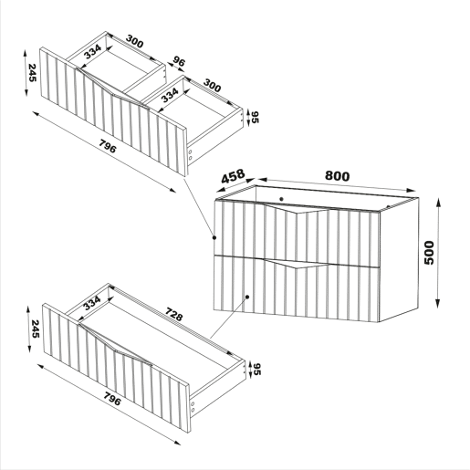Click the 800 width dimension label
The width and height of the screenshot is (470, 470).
pyautogui.click(x=338, y=176)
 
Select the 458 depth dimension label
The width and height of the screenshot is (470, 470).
pyautogui.click(x=233, y=176)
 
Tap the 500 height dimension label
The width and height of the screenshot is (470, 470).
pyautogui.click(x=429, y=253)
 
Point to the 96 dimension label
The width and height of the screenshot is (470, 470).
pyautogui.click(x=179, y=61)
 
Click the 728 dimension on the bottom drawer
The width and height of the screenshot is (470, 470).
pyautogui.click(x=174, y=314)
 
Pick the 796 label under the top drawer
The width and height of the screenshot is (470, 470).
pyautogui.click(x=108, y=146)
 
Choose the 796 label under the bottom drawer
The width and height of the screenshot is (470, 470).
pyautogui.click(x=112, y=399)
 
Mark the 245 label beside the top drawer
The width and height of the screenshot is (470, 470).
pyautogui.click(x=32, y=73)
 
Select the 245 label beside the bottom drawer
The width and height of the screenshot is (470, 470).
pyautogui.click(x=36, y=329)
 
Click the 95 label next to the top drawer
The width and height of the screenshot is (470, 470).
pyautogui.click(x=255, y=117)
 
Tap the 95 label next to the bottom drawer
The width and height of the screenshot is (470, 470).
pyautogui.click(x=257, y=369)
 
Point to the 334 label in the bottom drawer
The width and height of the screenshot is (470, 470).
pyautogui.click(x=92, y=303)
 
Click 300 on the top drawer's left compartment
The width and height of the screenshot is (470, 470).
pyautogui.click(x=134, y=41)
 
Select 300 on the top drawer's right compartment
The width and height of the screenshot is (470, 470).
pyautogui.click(x=212, y=86)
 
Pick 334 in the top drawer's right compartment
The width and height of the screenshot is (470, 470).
pyautogui.click(x=170, y=95)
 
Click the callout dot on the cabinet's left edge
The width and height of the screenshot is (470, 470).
pyautogui.click(x=214, y=237)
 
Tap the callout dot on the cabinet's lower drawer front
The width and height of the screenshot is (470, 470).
pyautogui.click(x=247, y=297)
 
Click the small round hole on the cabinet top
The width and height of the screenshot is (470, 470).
pyautogui.click(x=281, y=199)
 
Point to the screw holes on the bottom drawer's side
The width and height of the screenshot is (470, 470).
pyautogui.click(x=193, y=407)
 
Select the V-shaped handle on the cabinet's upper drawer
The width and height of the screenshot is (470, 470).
pyautogui.click(x=298, y=209)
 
